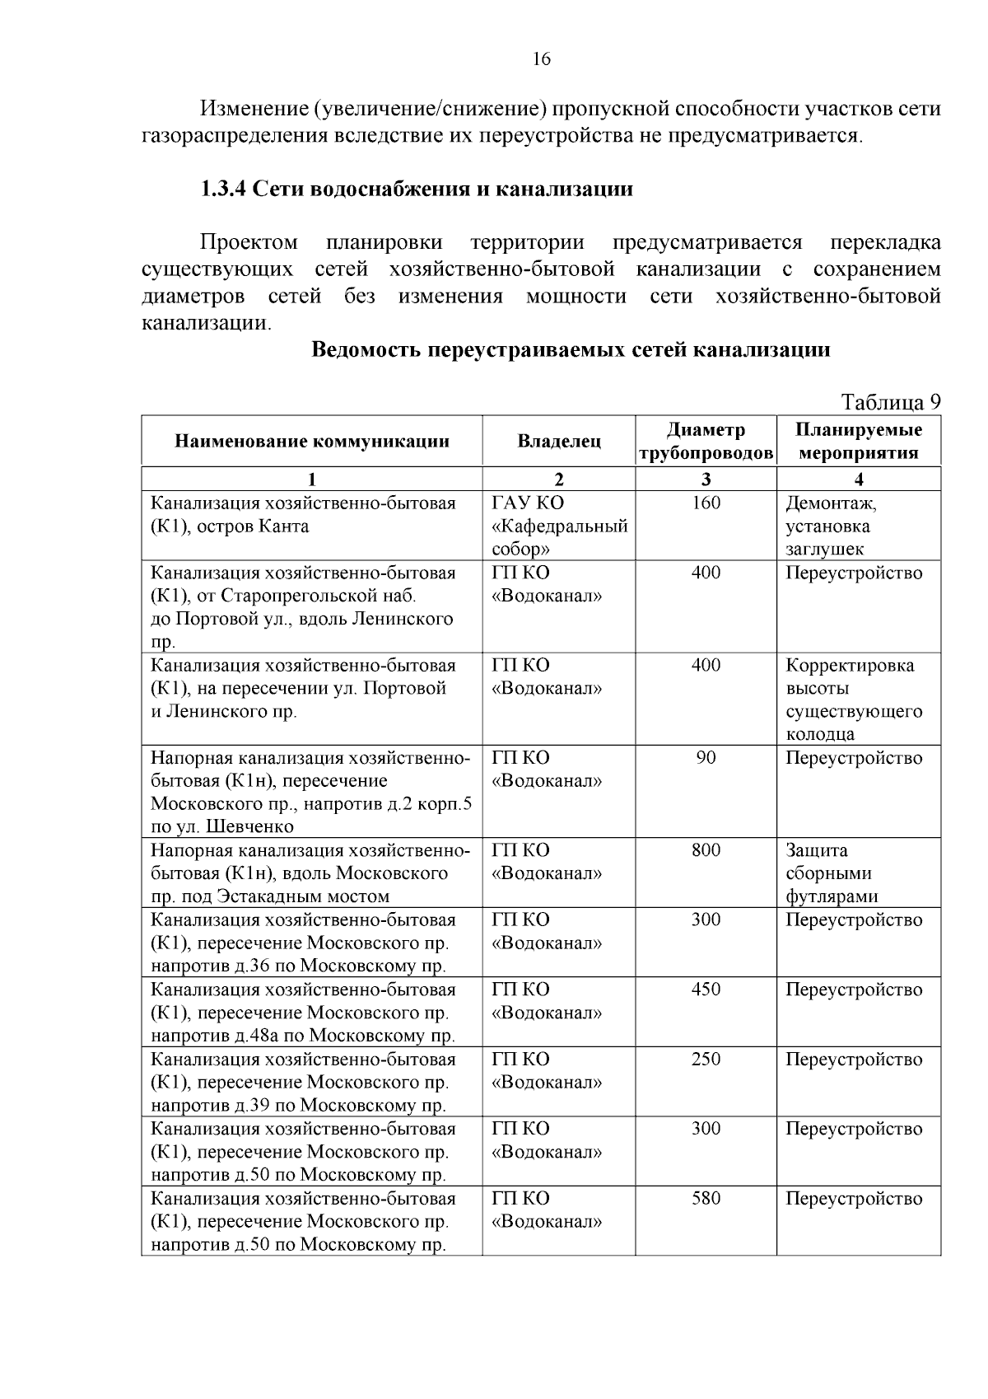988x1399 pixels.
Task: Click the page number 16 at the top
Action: click(x=541, y=58)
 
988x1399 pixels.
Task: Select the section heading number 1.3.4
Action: click(x=223, y=189)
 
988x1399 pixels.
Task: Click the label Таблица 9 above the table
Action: click(x=889, y=402)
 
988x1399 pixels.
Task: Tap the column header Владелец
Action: click(x=558, y=442)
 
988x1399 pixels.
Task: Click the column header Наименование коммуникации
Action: click(x=311, y=442)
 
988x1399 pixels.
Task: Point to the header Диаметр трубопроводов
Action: click(x=706, y=442)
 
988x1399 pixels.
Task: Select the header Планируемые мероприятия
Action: click(x=858, y=442)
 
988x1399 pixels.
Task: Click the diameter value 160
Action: click(x=706, y=503)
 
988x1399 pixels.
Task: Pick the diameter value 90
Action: click(x=706, y=758)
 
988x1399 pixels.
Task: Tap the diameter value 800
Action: click(x=706, y=850)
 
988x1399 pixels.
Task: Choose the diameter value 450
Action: click(x=706, y=990)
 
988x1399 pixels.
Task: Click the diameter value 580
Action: click(x=706, y=1199)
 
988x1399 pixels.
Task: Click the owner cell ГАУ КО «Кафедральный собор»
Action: click(x=559, y=526)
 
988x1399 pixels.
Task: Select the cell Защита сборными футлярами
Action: click(x=832, y=873)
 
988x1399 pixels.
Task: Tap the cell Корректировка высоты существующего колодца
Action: click(x=854, y=699)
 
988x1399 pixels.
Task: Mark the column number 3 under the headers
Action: click(x=706, y=480)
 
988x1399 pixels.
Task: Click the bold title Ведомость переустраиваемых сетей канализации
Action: click(x=571, y=349)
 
